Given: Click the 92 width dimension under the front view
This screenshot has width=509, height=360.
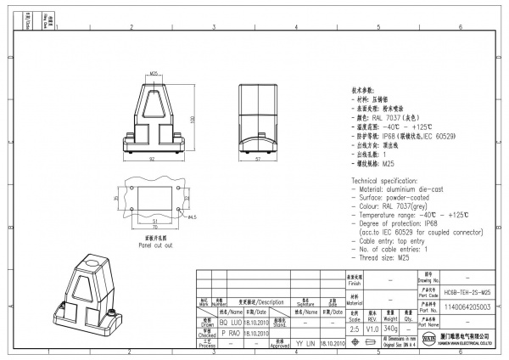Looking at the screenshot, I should tap(151, 160).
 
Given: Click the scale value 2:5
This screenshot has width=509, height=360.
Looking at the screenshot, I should tap(354, 328).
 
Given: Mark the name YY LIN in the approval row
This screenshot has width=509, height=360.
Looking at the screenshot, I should tap(305, 343).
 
